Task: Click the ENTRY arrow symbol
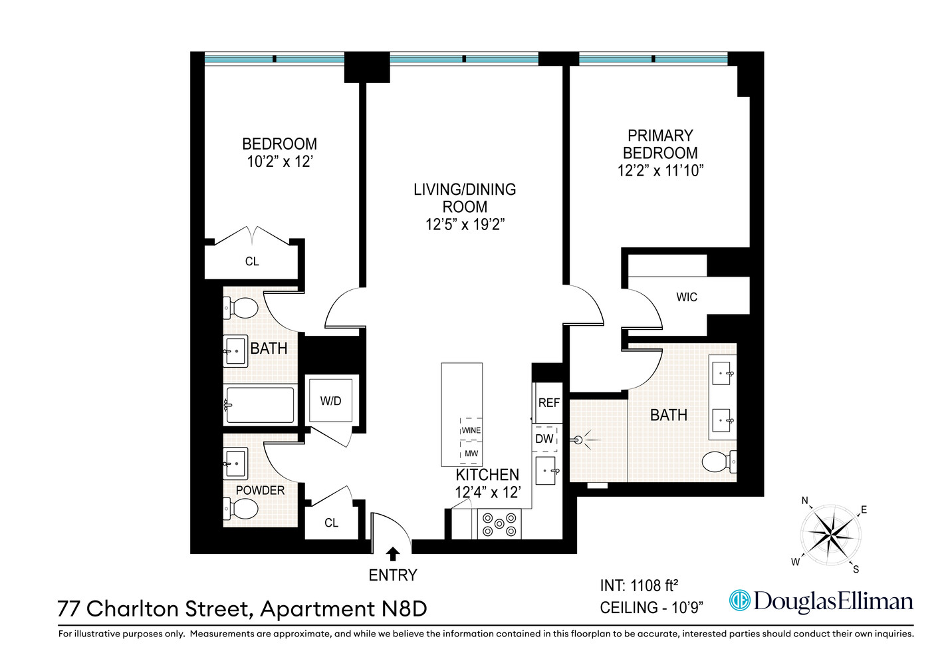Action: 393,554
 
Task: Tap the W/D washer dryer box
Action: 330,401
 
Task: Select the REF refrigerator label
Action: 548,403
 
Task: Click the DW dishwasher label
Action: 544,439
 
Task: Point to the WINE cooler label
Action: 471,430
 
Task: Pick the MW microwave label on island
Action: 471,454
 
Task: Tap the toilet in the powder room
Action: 241,510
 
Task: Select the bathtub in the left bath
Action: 260,405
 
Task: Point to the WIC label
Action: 687,297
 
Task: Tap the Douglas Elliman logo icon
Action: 739,600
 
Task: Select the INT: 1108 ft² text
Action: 639,586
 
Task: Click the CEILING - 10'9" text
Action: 651,608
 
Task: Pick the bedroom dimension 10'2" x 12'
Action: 279,162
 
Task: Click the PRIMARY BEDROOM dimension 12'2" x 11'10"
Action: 659,171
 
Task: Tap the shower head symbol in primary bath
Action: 578,440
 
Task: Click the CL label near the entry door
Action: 331,523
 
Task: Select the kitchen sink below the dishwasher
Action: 546,470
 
